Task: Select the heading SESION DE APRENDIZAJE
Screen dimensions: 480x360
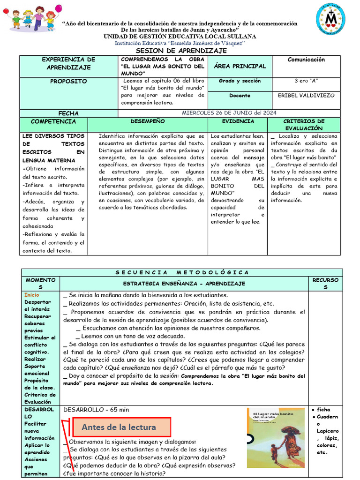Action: [x=181, y=51]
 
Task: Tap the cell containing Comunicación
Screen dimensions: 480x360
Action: [x=306, y=60]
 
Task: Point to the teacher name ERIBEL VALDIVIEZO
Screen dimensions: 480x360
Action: [x=306, y=95]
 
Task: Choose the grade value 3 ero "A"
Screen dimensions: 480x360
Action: [x=306, y=81]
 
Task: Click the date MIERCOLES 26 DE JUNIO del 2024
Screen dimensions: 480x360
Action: [x=229, y=112]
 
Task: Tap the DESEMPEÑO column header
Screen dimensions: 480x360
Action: [x=148, y=121]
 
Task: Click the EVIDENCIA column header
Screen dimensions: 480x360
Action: [x=238, y=121]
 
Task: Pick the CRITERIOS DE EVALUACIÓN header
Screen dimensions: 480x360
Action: [x=304, y=125]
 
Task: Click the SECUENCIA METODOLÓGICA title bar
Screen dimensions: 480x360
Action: [x=181, y=272]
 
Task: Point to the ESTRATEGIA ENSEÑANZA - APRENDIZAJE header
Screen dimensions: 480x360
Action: [x=184, y=284]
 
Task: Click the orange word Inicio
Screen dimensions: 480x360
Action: [x=32, y=295]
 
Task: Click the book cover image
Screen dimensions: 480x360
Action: [x=275, y=437]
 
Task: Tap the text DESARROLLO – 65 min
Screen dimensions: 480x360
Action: [x=96, y=410]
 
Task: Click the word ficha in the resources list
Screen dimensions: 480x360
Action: [x=323, y=410]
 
